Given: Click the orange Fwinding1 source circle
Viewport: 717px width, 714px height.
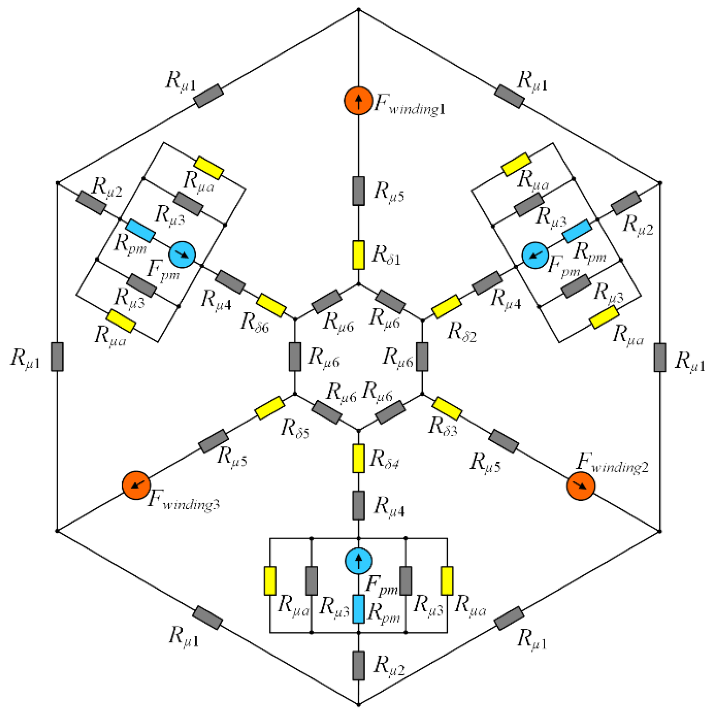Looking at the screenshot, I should pos(358,101).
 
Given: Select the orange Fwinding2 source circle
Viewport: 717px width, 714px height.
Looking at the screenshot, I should pos(580,486).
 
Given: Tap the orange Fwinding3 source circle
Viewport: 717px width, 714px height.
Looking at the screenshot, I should pos(136,486).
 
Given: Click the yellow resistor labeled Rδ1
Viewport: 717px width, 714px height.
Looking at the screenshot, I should pos(358,255).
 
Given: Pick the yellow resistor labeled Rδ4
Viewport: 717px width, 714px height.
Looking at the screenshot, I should pos(358,458).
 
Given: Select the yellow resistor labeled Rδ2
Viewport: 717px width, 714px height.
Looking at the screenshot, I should pos(447,307).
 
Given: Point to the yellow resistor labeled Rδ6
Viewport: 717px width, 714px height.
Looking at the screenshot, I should pos(271,305).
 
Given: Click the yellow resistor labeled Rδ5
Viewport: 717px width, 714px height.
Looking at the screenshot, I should pos(270,408).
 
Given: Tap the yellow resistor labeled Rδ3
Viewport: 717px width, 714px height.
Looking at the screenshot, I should pos(447,408).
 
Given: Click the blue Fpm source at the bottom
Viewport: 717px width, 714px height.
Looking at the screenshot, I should pos(358,560).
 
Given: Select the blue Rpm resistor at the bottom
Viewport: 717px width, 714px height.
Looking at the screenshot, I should pos(358,609).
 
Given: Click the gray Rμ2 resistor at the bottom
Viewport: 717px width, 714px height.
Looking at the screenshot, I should pos(358,665).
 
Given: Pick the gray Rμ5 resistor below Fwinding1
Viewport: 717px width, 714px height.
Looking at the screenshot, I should pos(358,191).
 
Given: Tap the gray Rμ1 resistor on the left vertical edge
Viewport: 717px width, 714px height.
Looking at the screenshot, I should pos(57,357).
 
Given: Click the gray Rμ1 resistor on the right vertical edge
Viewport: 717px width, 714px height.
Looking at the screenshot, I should pos(659,357).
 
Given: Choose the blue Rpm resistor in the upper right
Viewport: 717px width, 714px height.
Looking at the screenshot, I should pos(577,231).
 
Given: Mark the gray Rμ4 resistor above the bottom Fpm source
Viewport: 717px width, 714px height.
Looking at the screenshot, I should pos(358,505).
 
